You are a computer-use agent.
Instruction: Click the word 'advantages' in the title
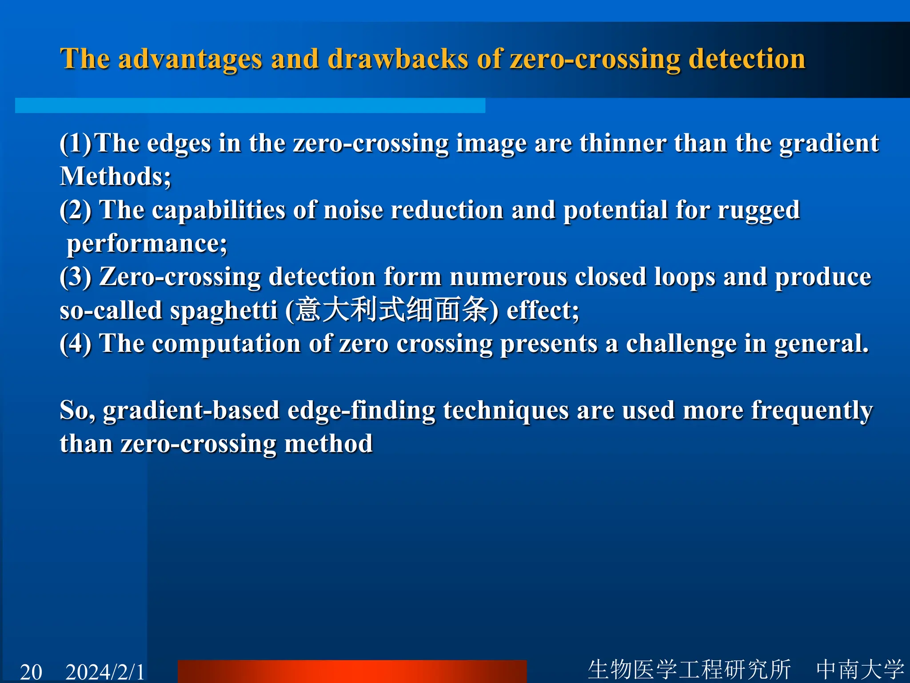click(x=190, y=59)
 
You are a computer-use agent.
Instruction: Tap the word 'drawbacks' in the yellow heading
click(x=398, y=59)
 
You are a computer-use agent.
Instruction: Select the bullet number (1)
click(x=76, y=143)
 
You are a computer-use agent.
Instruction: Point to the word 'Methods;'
click(x=116, y=177)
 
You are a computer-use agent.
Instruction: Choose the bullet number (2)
click(x=76, y=210)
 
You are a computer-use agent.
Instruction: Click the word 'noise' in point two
click(x=353, y=210)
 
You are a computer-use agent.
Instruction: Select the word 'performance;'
click(x=147, y=244)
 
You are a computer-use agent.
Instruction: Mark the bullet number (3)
click(x=76, y=277)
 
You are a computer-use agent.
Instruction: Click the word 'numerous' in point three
click(x=508, y=277)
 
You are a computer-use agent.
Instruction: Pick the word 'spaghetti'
click(x=224, y=310)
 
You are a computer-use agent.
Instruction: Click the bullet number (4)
click(x=76, y=344)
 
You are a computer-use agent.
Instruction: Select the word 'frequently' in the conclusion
click(x=812, y=410)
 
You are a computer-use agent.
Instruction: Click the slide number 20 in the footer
click(x=31, y=671)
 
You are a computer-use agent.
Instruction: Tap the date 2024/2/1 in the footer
click(x=105, y=671)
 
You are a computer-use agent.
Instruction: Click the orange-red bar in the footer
click(x=352, y=671)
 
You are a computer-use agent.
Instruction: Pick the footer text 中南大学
click(x=860, y=670)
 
